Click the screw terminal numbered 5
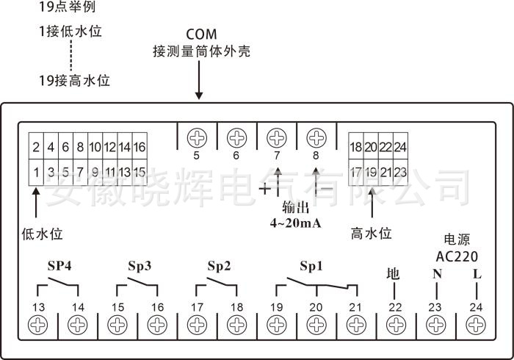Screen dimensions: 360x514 tap(196, 137)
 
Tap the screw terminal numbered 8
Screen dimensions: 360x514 tap(316, 137)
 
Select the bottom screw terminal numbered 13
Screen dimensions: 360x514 tap(37, 324)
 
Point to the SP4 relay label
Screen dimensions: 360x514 tap(59, 265)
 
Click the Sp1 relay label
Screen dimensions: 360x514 tap(311, 265)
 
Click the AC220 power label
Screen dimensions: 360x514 tap(457, 256)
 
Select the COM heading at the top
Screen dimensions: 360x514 tap(200, 35)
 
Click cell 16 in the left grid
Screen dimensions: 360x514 tap(139, 147)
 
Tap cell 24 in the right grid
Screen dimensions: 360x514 tap(399, 147)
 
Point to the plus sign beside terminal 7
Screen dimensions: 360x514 tap(264, 188)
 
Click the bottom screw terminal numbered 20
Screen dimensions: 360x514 tap(316, 324)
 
